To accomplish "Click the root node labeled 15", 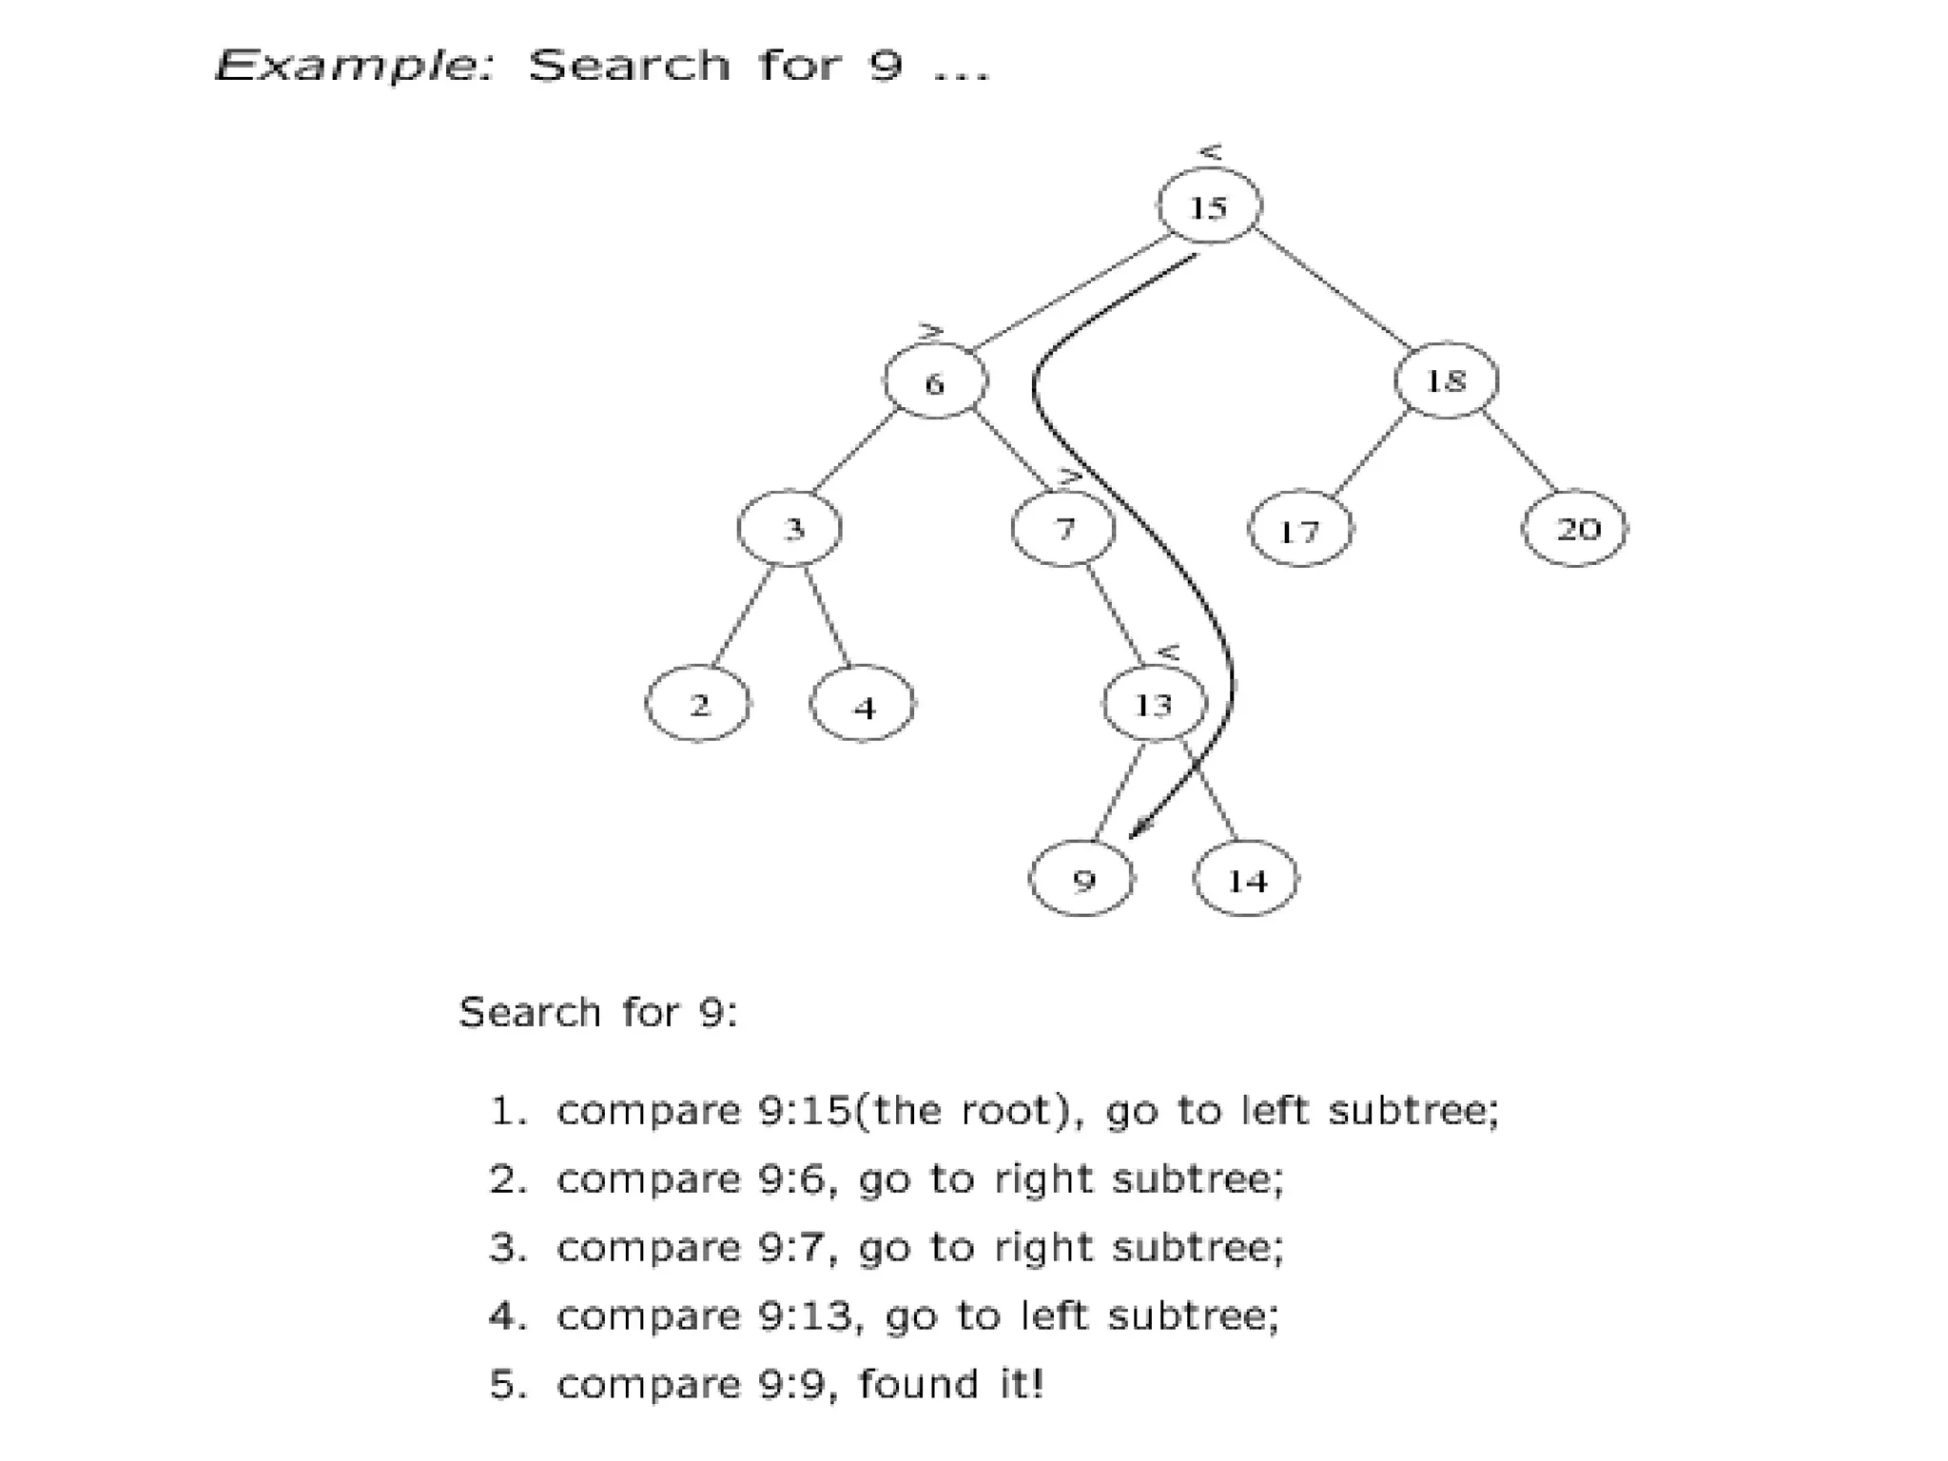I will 1209,205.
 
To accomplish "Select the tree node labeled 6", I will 935,382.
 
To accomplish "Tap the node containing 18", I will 1446,380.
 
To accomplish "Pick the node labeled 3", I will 790,528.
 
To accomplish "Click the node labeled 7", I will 1063,528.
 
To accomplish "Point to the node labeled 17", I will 1300,530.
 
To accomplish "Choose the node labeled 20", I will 1575,528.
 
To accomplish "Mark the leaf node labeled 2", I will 698,705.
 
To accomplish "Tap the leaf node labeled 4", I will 863,706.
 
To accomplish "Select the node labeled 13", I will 1154,705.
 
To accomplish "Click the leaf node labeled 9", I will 1082,880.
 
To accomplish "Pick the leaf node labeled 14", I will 1246,880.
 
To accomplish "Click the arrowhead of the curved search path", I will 1135,832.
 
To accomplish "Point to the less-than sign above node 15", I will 1210,152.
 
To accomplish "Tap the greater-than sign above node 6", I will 930,331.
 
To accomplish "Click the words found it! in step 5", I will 951,1384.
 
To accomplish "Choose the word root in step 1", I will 1004,1110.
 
